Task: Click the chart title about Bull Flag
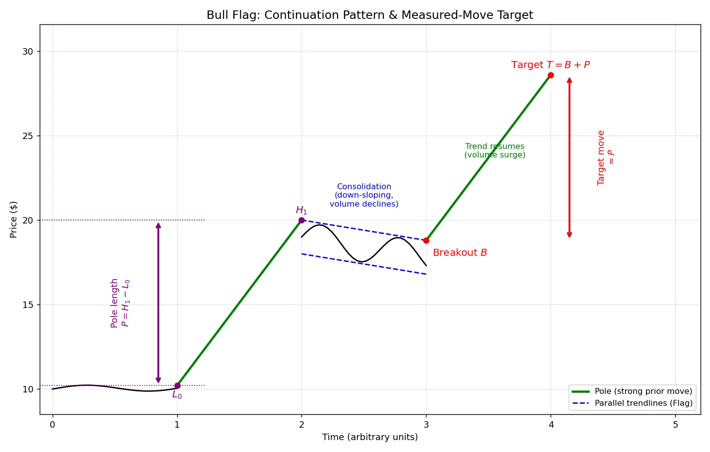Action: pos(370,15)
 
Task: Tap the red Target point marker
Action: pos(551,75)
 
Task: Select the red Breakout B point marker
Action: pos(426,241)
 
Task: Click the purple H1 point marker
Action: pos(301,221)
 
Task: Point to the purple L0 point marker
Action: pos(178,386)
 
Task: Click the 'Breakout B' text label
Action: pos(460,252)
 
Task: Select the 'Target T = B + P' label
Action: pos(551,65)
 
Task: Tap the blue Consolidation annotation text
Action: pos(364,195)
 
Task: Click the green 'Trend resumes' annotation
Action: pos(495,151)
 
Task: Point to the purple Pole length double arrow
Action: pos(158,303)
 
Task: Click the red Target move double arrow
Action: pos(569,157)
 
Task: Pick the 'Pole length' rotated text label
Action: pos(114,303)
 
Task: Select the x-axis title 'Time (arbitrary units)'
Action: pos(370,437)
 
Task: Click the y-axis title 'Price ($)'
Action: pos(13,220)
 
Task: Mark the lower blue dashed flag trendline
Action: pos(364,264)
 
